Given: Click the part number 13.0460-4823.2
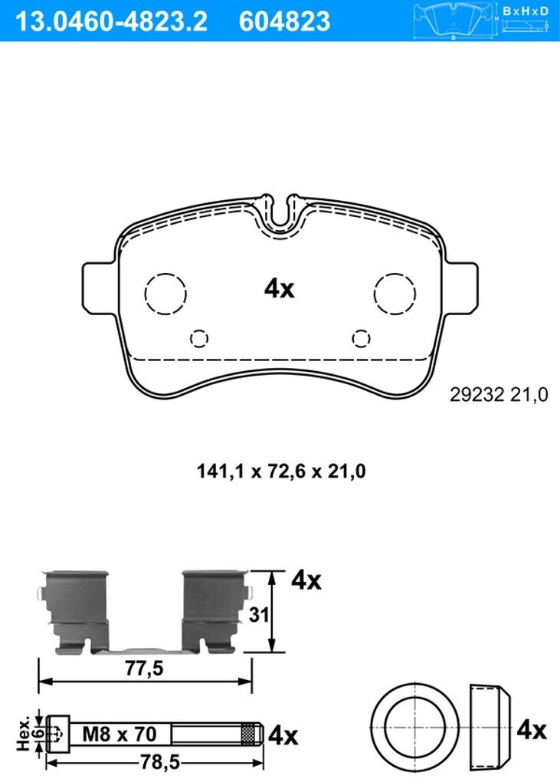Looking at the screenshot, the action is pos(111,21).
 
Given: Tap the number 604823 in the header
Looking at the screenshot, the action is pos(284,21).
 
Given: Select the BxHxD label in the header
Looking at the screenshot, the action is pos(526,11).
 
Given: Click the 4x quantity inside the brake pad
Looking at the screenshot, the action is pos(279,288).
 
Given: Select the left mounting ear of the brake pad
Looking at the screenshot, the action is pos(100,288).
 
